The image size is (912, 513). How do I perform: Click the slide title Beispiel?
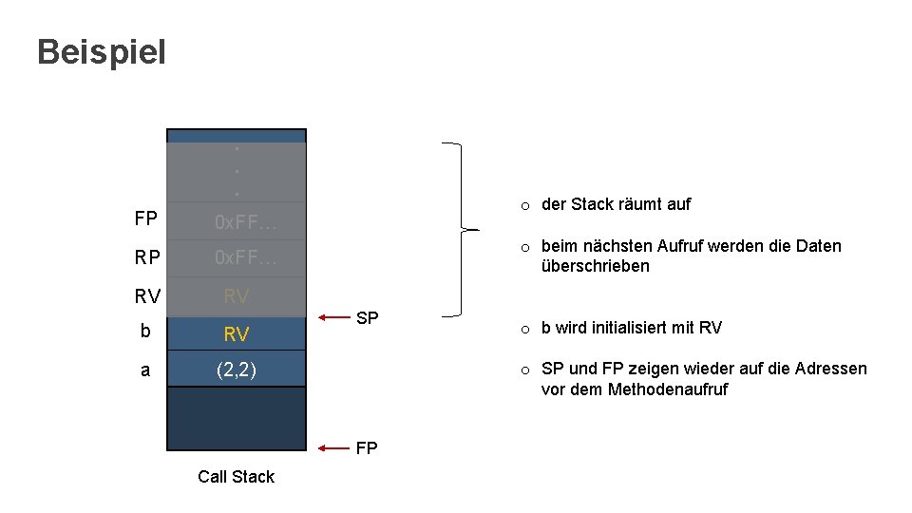[102, 52]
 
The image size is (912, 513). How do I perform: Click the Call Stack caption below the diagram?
[236, 477]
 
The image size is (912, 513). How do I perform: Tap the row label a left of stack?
[145, 370]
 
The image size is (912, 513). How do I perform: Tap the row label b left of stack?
[145, 332]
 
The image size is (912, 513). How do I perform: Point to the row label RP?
[146, 257]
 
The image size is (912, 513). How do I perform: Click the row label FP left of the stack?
[146, 219]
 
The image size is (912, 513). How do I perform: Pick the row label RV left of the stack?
[147, 296]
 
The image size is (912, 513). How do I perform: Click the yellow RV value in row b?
[237, 333]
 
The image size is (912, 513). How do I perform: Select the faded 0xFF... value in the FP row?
[245, 223]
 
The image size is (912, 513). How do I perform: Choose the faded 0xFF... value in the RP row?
[245, 258]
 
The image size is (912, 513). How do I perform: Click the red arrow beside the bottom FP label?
[334, 446]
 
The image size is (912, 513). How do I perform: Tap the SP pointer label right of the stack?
[367, 317]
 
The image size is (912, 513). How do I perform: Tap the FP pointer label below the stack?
[367, 447]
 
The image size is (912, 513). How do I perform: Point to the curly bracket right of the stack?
[464, 229]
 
